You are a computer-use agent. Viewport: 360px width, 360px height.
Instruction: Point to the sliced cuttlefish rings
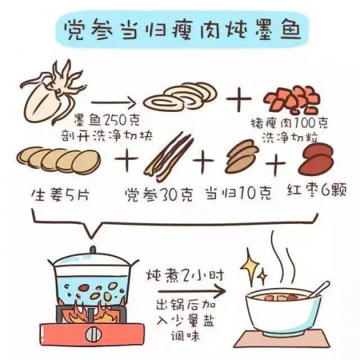(x=181, y=96)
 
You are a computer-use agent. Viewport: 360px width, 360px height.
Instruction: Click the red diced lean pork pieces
(x=291, y=100)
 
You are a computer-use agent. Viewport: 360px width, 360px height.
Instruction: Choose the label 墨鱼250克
(x=107, y=120)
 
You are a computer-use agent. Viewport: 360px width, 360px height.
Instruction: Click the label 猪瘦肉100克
(x=289, y=124)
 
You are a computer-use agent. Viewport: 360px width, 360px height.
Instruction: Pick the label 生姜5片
(x=60, y=196)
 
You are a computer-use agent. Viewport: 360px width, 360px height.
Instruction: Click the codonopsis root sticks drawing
(x=168, y=156)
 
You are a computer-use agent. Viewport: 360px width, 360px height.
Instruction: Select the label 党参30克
(x=159, y=195)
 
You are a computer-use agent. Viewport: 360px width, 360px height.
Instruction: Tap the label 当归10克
(x=239, y=193)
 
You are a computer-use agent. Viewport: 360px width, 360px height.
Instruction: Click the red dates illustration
(x=316, y=161)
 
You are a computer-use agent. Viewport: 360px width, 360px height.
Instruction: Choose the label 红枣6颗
(x=317, y=190)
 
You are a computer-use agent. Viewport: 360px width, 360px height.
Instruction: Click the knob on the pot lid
(x=93, y=249)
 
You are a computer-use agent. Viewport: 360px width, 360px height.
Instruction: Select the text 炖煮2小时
(x=185, y=276)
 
